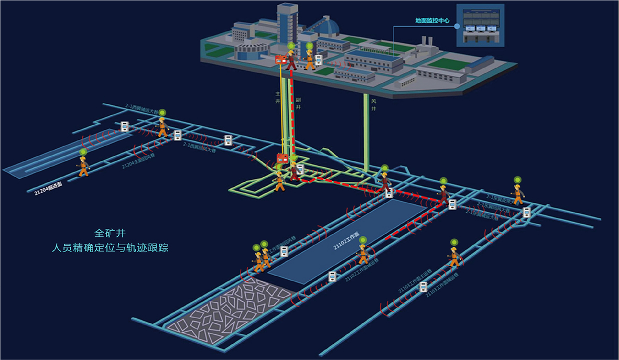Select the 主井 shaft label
(278, 97)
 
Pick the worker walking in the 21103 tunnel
(454, 256)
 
